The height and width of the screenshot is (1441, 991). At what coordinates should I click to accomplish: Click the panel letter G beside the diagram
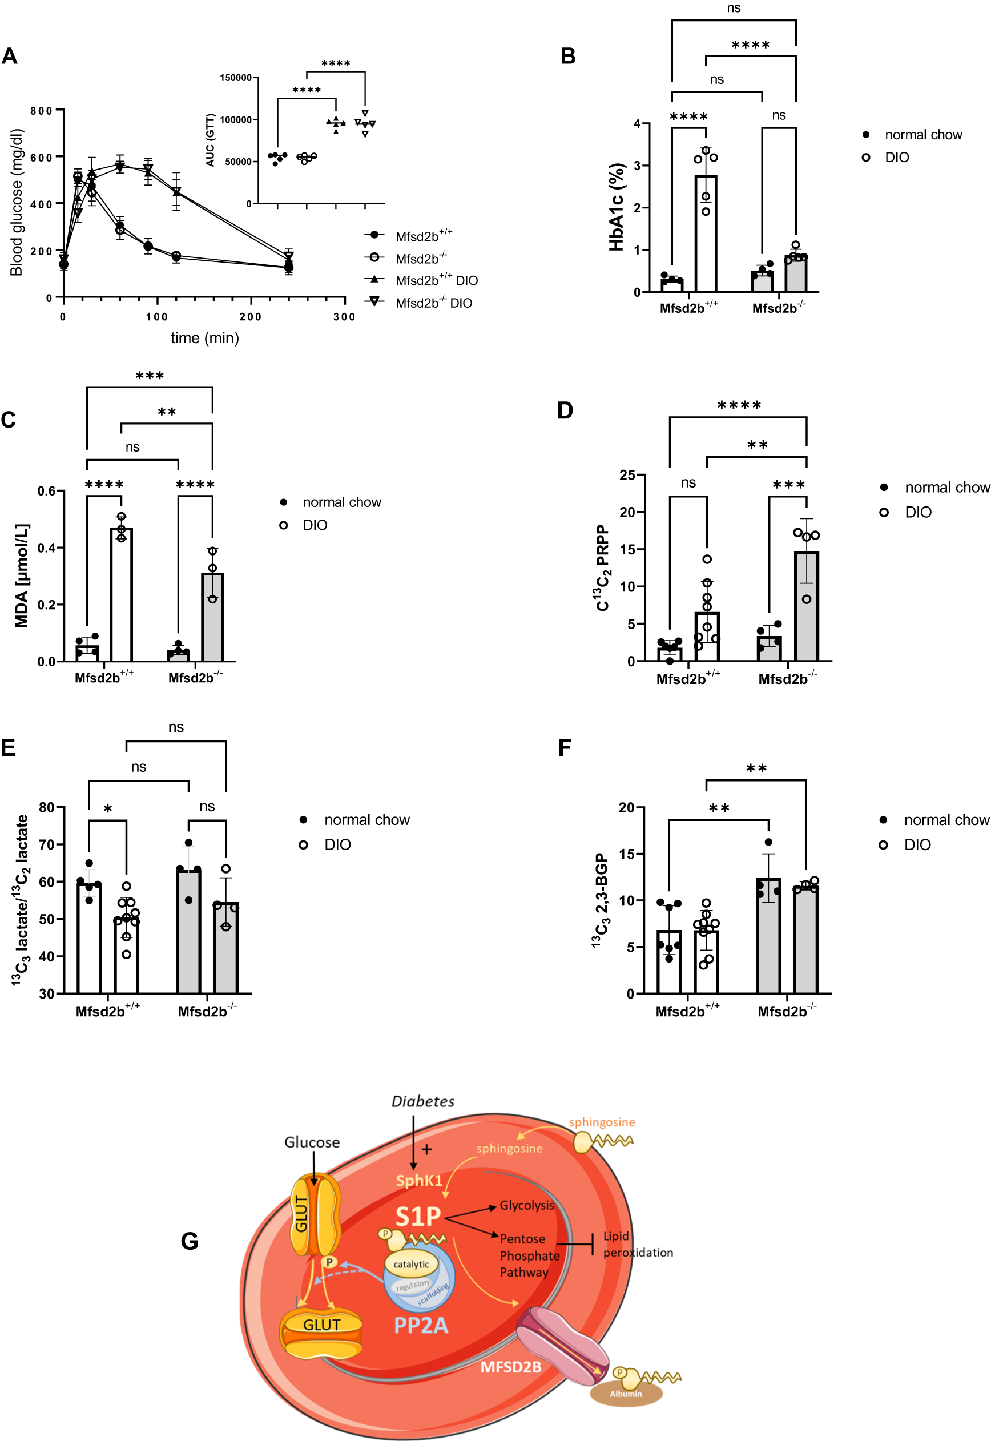click(190, 1242)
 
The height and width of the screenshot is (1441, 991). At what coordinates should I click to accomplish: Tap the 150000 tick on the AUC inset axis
click(236, 78)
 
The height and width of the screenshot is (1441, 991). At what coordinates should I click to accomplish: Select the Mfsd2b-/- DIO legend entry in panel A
click(433, 303)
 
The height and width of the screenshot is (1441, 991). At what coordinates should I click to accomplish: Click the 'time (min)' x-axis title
click(205, 339)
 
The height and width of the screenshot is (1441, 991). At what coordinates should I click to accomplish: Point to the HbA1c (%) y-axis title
click(617, 207)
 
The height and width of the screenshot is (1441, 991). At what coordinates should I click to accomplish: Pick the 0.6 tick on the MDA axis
click(47, 491)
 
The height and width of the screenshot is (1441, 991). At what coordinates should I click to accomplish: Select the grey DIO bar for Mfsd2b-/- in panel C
click(212, 618)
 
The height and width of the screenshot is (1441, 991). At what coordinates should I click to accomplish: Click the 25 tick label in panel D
click(627, 476)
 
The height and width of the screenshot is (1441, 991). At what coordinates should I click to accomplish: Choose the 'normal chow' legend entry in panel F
click(946, 820)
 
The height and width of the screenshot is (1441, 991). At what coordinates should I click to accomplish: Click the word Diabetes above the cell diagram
click(423, 1101)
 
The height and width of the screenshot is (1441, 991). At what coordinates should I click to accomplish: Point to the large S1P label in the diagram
click(418, 1216)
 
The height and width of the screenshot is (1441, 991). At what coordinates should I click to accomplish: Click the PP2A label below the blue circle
click(421, 1326)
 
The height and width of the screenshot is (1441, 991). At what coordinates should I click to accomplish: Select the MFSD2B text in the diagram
click(510, 1367)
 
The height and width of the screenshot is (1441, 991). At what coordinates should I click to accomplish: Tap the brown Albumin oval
click(626, 1394)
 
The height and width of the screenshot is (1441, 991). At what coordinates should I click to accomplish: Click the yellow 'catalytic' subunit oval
click(411, 1264)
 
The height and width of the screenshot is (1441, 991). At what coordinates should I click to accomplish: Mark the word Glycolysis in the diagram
click(526, 1205)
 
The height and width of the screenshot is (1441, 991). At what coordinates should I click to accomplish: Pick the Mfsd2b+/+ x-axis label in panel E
click(107, 1011)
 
